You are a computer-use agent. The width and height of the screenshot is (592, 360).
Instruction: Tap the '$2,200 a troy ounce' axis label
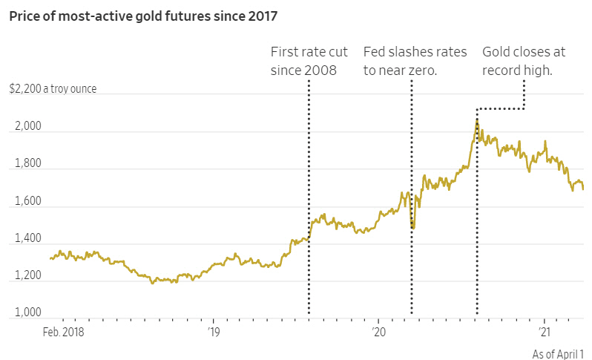click(53, 90)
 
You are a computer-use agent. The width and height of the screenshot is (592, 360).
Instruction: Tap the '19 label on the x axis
click(213, 332)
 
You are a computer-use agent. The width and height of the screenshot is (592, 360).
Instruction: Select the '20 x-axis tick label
click(378, 332)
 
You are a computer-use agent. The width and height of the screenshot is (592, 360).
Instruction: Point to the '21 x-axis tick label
click(545, 332)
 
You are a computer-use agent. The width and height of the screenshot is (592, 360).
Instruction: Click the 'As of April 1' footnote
click(558, 355)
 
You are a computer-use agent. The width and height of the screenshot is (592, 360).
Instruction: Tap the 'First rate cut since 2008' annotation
click(306, 61)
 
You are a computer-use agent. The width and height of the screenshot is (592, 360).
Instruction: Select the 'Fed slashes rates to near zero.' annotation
click(415, 61)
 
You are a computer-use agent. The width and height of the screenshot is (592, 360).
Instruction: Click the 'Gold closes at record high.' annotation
click(523, 61)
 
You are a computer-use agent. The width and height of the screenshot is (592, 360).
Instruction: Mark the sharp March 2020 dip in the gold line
click(412, 227)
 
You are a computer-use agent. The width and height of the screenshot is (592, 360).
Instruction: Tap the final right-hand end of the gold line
click(583, 189)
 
